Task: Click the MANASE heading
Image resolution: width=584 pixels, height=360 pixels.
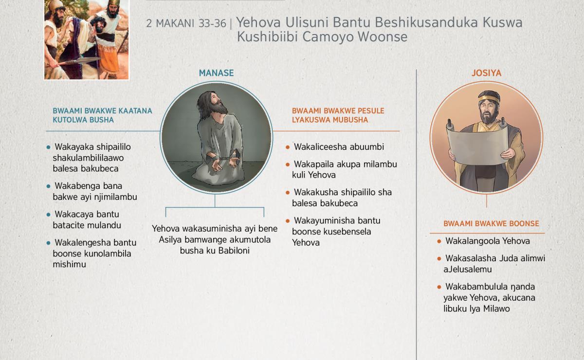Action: click(216, 73)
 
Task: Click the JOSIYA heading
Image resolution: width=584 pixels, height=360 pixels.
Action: click(487, 73)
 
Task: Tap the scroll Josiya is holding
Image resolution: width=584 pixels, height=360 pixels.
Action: click(477, 144)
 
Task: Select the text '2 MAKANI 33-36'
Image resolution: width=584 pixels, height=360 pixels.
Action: click(186, 23)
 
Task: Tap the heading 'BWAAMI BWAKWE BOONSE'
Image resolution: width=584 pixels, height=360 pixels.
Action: click(491, 224)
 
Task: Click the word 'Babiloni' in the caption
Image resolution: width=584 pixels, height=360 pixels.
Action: click(234, 251)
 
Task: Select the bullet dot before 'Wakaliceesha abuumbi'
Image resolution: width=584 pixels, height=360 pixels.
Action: click(288, 147)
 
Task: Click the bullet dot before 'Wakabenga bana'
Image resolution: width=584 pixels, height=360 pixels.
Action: click(48, 186)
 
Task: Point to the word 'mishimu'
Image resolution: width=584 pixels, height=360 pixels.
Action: click(69, 264)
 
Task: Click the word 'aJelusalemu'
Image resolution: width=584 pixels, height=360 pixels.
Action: click(468, 270)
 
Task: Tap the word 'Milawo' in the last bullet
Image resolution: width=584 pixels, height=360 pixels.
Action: click(496, 308)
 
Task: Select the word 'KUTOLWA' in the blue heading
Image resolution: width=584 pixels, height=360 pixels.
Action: click(68, 120)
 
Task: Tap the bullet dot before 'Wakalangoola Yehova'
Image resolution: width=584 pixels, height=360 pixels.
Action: click(439, 241)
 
